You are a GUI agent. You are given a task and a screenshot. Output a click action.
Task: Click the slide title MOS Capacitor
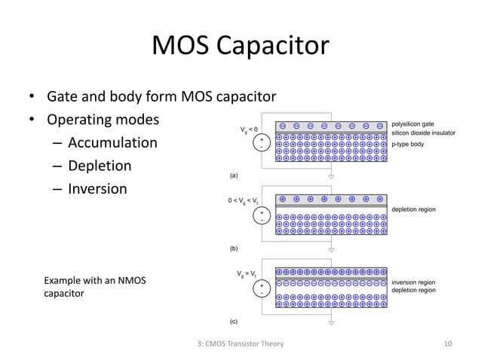240,47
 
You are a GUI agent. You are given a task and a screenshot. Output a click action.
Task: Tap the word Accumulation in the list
112,143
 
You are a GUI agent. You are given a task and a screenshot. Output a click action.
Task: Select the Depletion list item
100,166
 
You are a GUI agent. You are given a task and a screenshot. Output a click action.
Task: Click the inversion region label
414,282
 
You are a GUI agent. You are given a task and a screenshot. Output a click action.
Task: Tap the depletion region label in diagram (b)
415,209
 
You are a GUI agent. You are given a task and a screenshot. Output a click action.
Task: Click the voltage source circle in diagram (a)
261,142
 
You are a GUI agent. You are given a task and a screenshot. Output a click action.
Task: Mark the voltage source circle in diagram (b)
261,216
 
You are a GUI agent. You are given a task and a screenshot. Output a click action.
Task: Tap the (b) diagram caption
234,247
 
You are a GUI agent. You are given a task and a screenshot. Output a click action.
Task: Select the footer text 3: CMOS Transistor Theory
240,345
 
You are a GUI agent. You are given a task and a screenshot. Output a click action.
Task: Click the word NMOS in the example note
130,281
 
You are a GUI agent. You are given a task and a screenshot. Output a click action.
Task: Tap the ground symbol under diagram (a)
331,182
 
